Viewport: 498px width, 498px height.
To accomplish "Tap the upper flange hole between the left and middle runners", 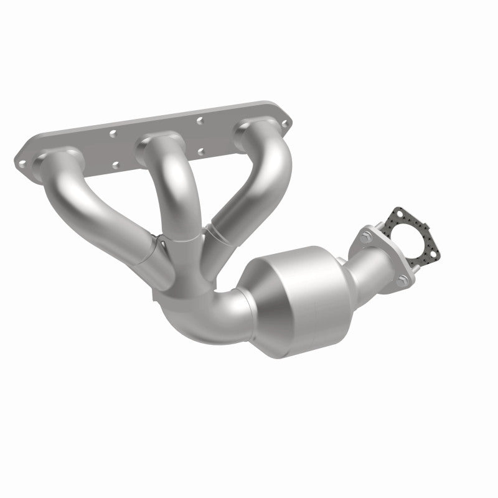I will pyautogui.click(x=113, y=133).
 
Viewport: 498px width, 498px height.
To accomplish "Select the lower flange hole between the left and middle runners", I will pyautogui.click(x=115, y=166).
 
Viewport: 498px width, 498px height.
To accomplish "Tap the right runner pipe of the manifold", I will pyautogui.click(x=255, y=181).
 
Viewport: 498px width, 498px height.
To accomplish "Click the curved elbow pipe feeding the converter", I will pyautogui.click(x=205, y=311).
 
